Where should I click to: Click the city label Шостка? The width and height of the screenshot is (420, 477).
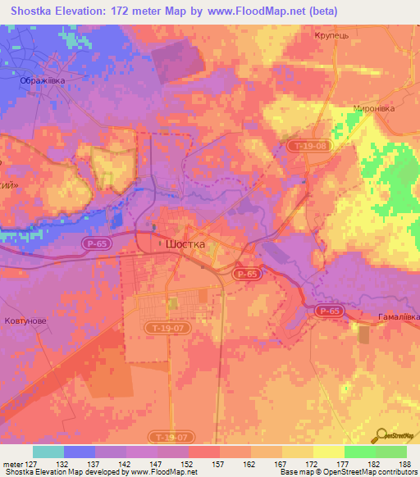pyautogui.click(x=185, y=244)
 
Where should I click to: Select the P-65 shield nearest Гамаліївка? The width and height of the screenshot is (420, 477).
pyautogui.click(x=329, y=311)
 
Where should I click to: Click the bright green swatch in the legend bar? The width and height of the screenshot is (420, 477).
pyautogui.click(x=359, y=452)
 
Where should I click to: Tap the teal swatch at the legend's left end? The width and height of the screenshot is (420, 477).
pyautogui.click(x=48, y=452)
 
